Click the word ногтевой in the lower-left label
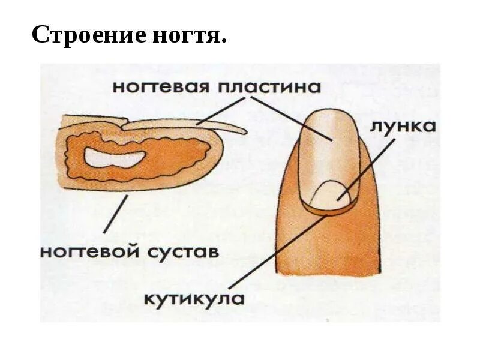(x=90, y=250)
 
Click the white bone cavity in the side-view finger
(x=114, y=158)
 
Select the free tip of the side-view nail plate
(x=240, y=130)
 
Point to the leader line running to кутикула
(x=276, y=252)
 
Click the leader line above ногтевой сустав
(x=115, y=214)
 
